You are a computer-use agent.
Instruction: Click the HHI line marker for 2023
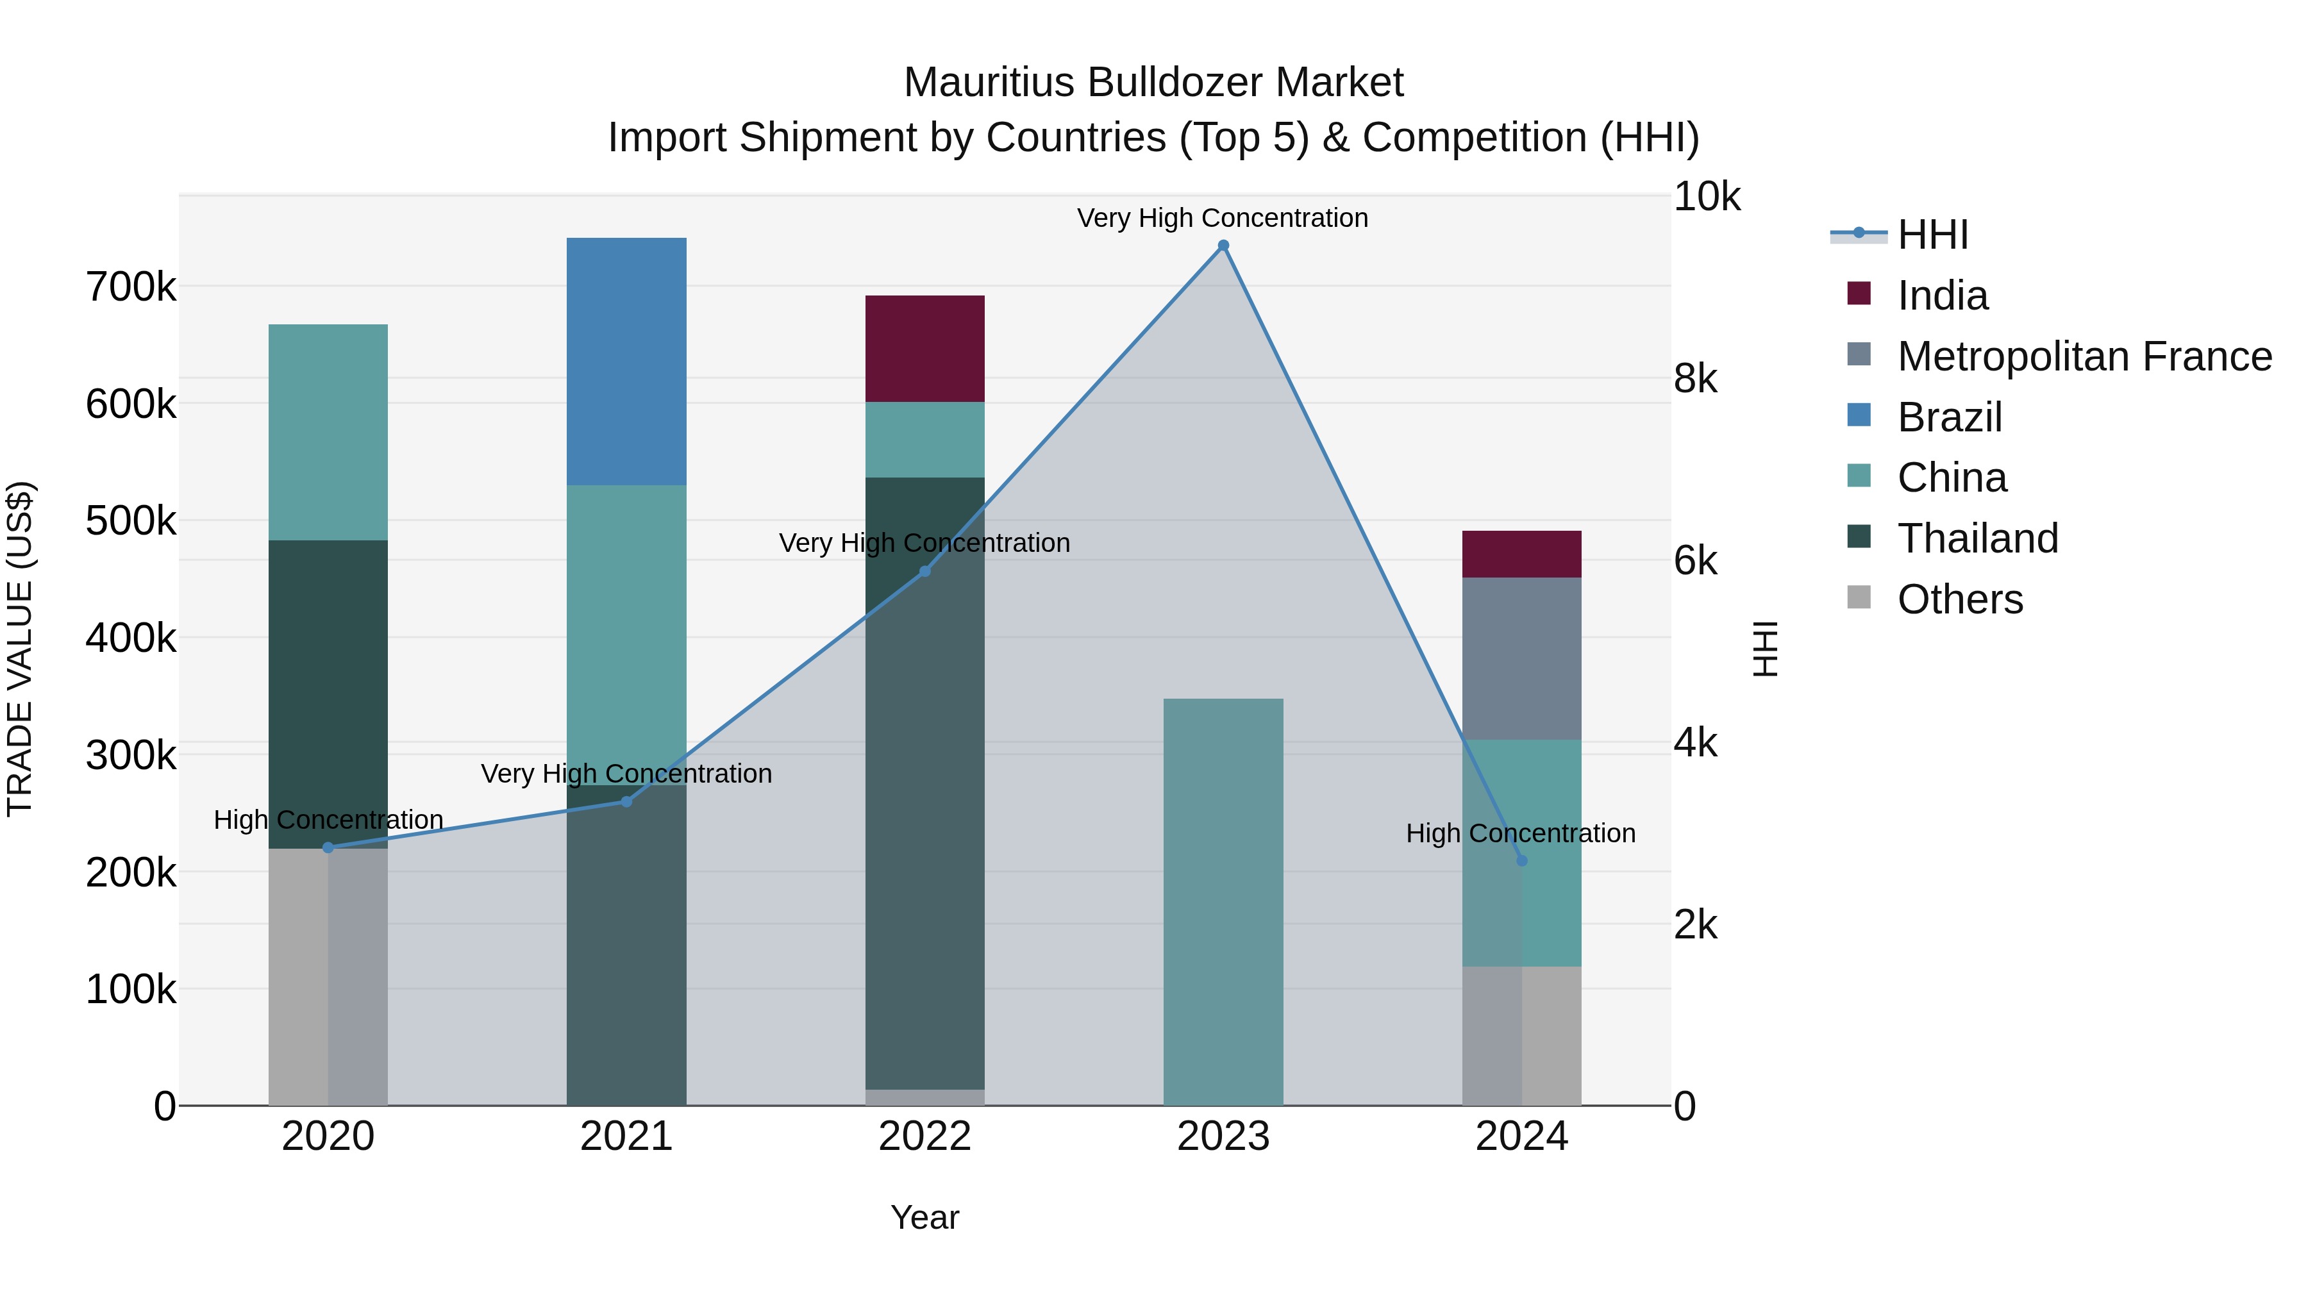1223,245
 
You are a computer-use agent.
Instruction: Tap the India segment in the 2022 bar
924,349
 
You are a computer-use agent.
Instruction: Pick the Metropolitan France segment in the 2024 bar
1521,658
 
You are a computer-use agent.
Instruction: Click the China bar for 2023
1223,901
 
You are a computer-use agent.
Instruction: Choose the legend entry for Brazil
1949,417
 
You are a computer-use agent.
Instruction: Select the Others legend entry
1959,599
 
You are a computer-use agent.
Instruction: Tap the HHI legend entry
1932,235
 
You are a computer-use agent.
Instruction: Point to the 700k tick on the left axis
131,288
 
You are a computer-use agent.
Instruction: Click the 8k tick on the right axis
1695,379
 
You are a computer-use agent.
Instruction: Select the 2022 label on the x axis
924,1136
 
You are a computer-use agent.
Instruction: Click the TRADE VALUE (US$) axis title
20,649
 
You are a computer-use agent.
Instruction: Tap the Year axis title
924,1217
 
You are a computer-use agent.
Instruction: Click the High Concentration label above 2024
1521,833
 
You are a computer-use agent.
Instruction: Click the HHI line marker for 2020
328,847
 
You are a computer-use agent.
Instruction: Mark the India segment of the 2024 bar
1521,554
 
